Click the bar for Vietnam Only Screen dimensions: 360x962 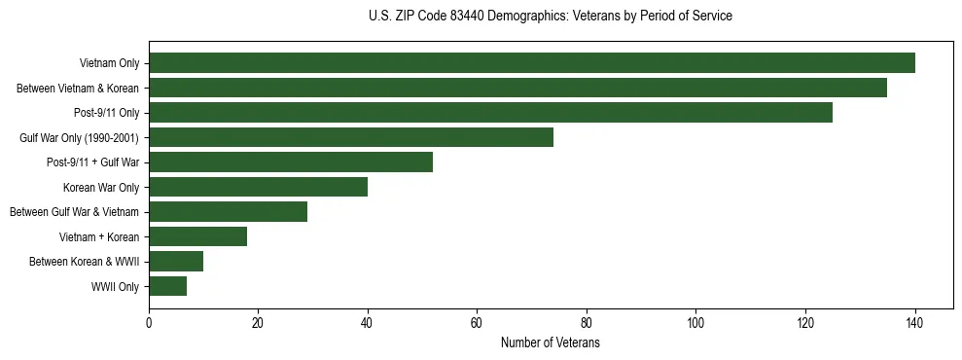point(531,63)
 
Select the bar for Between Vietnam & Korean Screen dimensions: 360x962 point(517,88)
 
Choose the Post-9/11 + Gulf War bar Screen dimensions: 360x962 point(291,162)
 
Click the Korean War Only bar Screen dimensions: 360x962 point(258,187)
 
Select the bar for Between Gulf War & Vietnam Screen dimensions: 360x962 point(228,212)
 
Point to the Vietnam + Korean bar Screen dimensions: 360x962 point(197,236)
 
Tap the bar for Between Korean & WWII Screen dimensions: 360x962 point(176,262)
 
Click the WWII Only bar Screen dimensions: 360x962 point(167,286)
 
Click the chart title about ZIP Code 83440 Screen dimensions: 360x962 point(551,17)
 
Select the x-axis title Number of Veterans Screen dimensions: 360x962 point(551,343)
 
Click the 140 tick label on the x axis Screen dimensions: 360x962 point(914,323)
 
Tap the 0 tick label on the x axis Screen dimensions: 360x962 point(149,323)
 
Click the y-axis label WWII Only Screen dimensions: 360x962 point(115,287)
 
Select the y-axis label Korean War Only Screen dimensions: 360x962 point(101,188)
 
